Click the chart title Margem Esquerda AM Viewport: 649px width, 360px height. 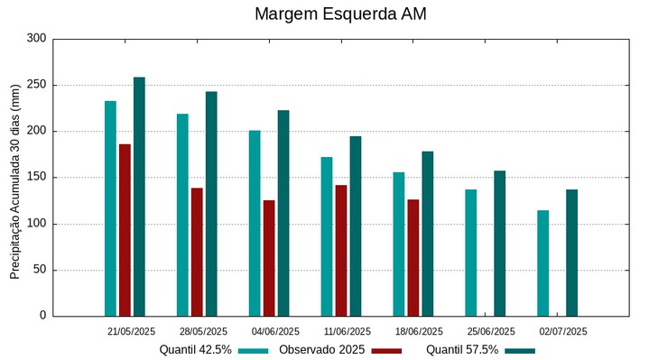tap(340, 14)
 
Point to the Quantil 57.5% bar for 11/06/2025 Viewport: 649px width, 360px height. tap(356, 226)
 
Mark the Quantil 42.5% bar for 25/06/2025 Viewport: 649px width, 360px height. tap(471, 253)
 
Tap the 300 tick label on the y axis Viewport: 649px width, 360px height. tap(36, 39)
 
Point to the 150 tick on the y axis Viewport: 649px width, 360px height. tap(36, 178)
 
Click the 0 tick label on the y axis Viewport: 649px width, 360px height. tap(42, 316)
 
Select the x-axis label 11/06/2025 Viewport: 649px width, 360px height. tap(348, 331)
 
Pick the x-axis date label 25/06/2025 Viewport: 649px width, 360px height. tap(492, 331)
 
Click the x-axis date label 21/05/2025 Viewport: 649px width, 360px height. tap(132, 331)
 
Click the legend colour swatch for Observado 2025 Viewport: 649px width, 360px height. tap(386, 350)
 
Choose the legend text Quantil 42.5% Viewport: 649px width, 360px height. tap(196, 350)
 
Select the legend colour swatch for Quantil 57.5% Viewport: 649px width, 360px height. tap(520, 350)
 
